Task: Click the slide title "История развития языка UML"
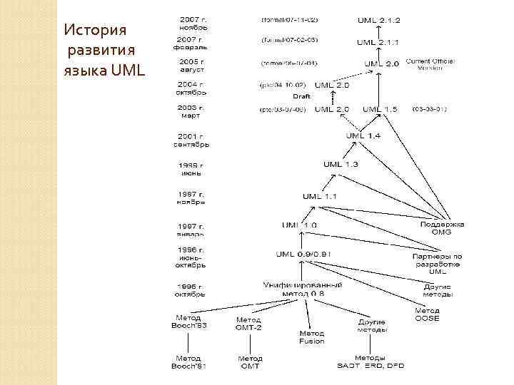tap(104, 51)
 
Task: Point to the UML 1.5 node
tap(380, 109)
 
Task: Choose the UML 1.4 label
tap(363, 135)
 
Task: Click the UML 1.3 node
tap(341, 165)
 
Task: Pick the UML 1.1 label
tap(320, 196)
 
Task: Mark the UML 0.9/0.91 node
tap(302, 254)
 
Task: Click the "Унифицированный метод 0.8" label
tap(303, 289)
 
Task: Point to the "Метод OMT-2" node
tap(249, 324)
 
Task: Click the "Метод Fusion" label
tap(311, 337)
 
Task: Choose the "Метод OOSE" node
tap(427, 314)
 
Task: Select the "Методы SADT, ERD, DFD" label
tap(370, 361)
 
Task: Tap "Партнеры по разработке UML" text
tap(438, 263)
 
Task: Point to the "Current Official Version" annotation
tap(428, 65)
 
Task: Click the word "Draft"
tap(301, 96)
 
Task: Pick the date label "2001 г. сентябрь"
tap(191, 140)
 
